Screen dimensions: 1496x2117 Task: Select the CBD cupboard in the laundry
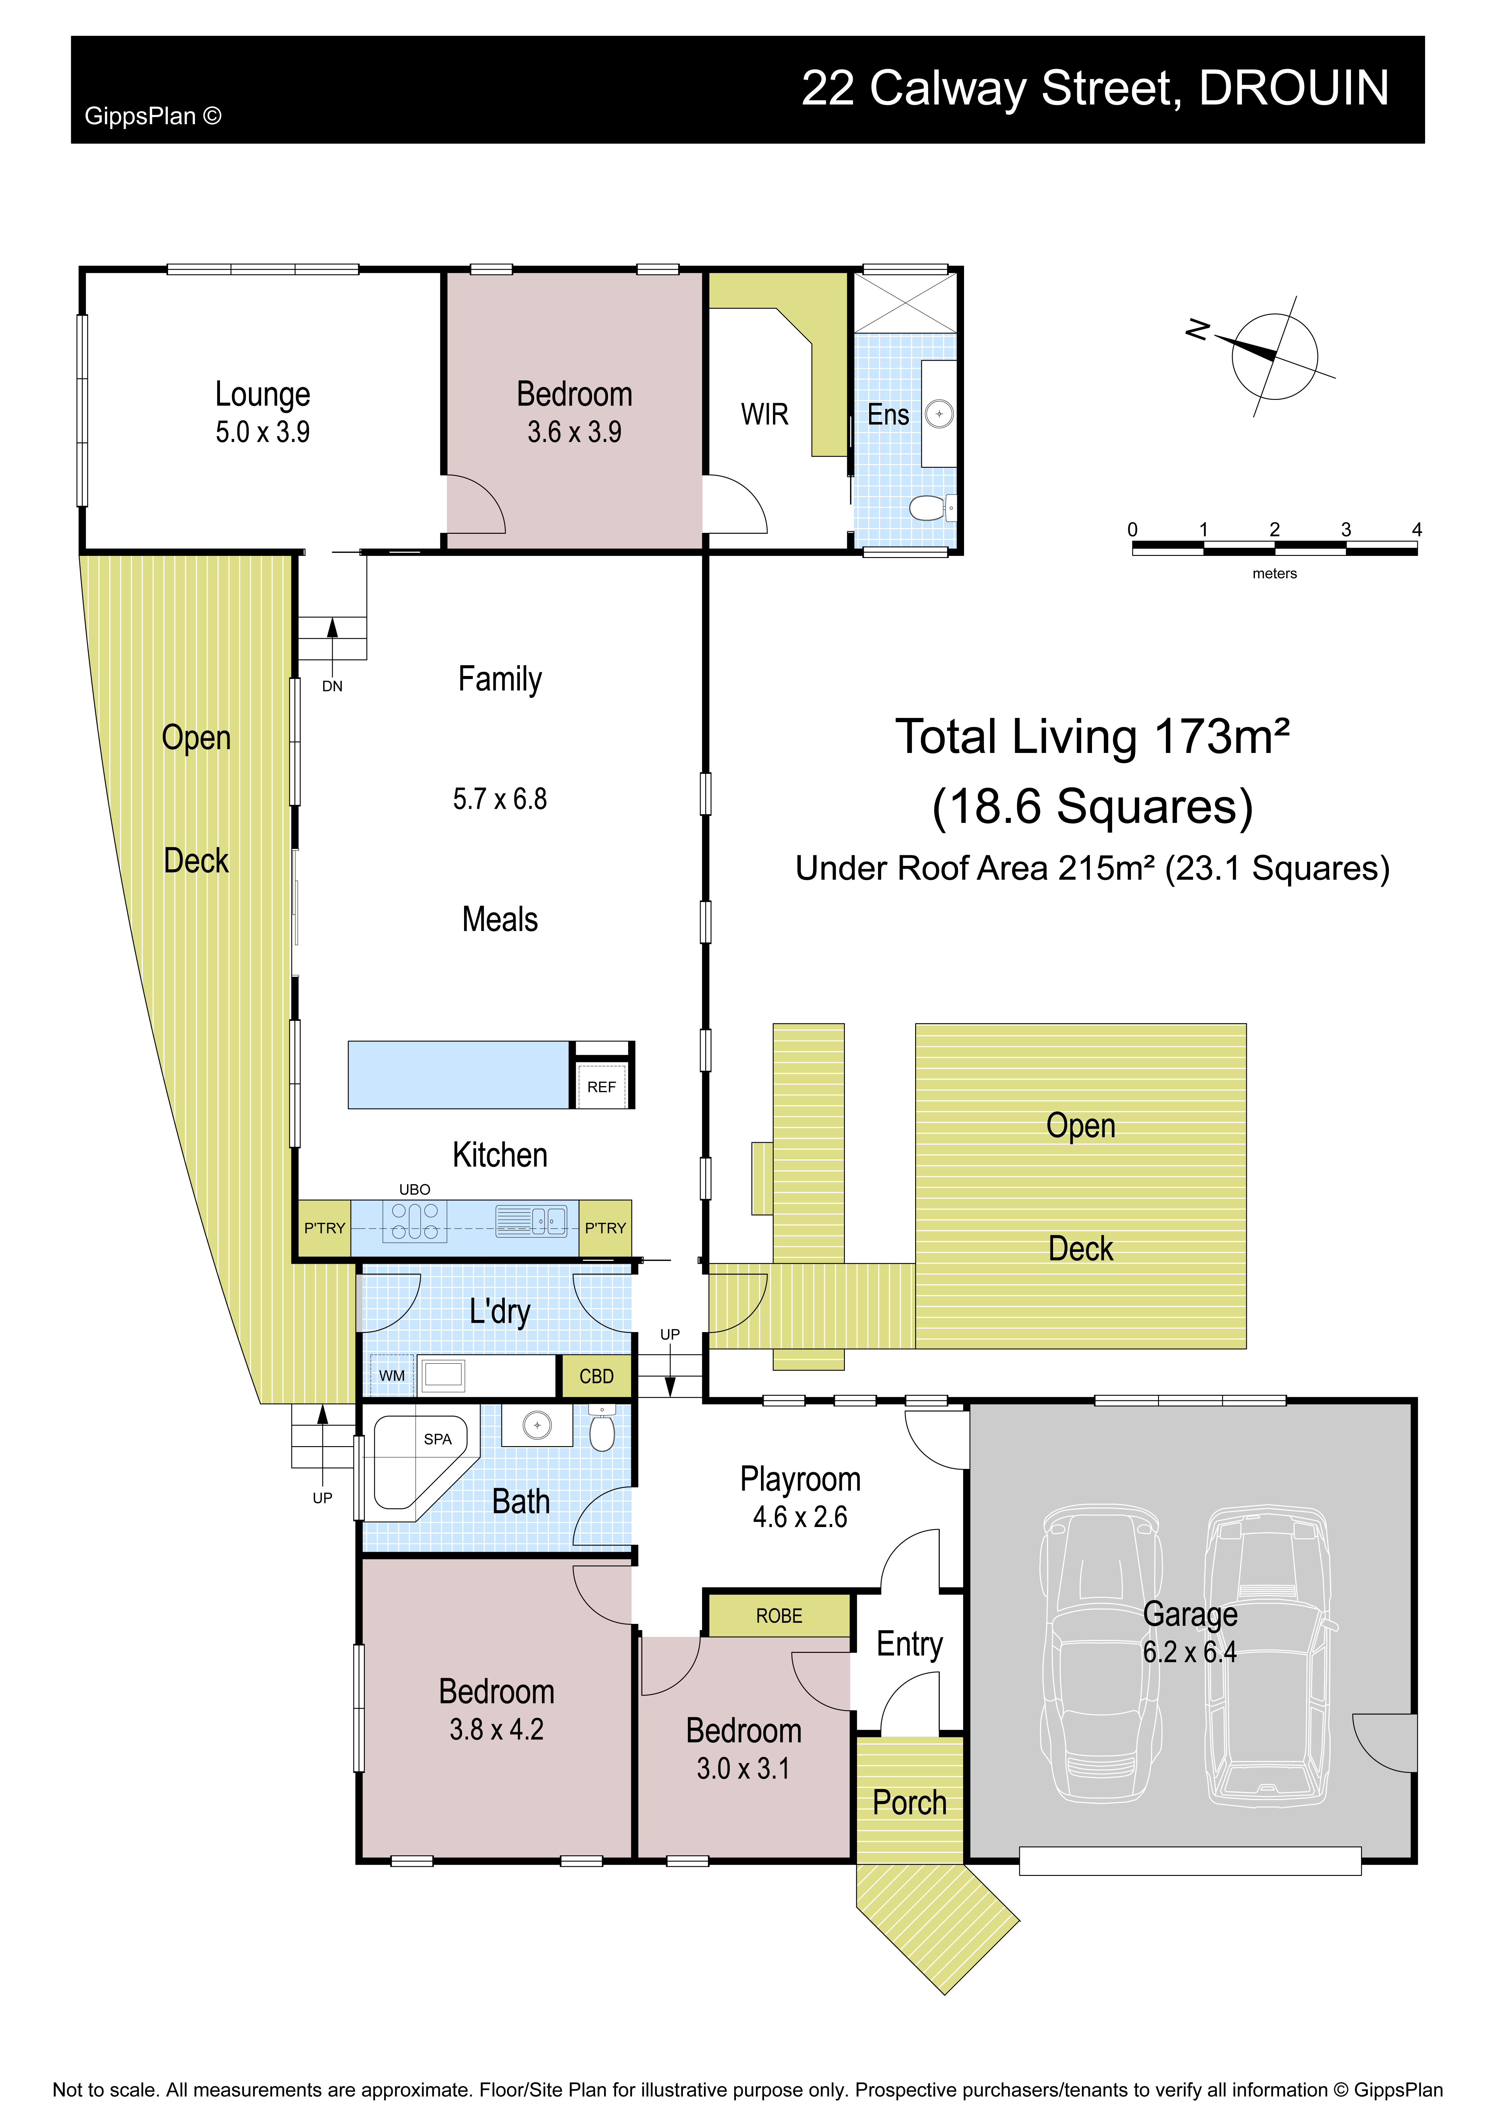[x=596, y=1376]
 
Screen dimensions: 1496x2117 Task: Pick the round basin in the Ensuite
[x=938, y=414]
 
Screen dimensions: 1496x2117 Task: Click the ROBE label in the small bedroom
[x=779, y=1615]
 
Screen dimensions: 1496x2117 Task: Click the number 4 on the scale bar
[x=1417, y=529]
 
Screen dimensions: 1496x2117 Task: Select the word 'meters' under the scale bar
[x=1274, y=573]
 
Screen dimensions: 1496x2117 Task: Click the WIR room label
[x=765, y=415]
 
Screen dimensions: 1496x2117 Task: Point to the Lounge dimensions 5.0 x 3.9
[x=263, y=432]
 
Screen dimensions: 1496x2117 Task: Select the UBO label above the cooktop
[x=415, y=1189]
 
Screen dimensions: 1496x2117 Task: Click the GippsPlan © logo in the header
[x=153, y=116]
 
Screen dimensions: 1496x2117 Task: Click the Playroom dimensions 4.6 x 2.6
[x=800, y=1517]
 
